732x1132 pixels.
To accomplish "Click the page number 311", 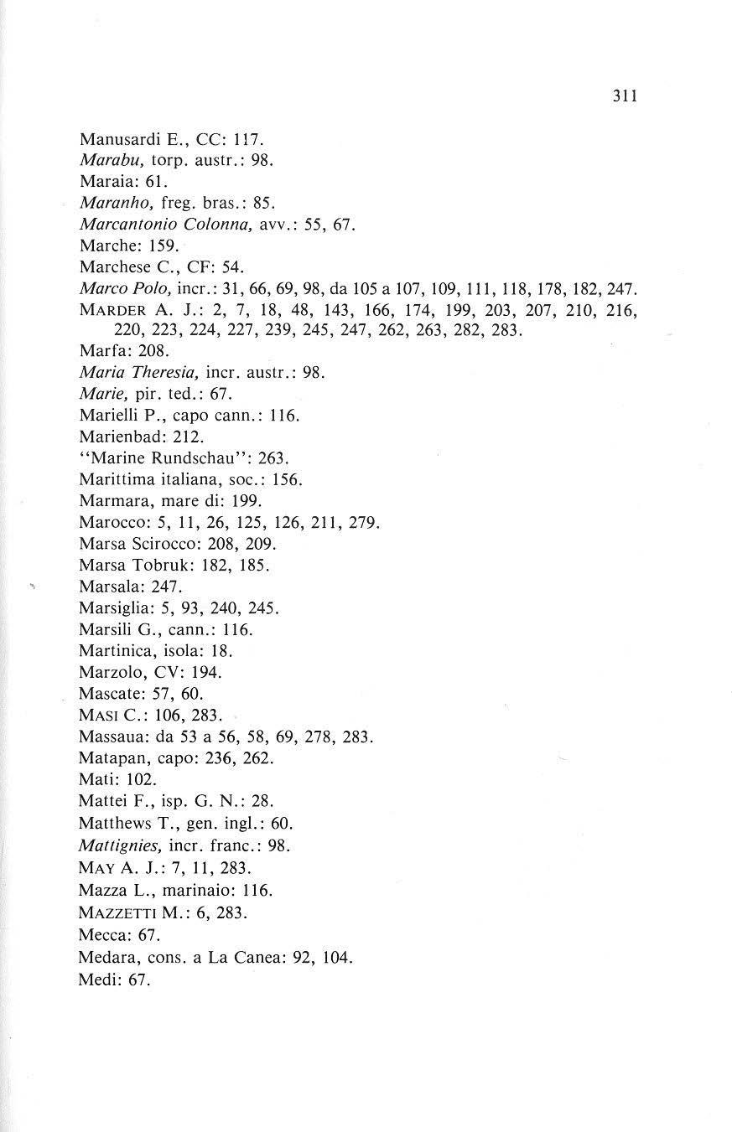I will pos(625,96).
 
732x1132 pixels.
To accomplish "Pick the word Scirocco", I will pos(159,544).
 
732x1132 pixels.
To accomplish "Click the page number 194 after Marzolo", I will pos(206,673).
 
